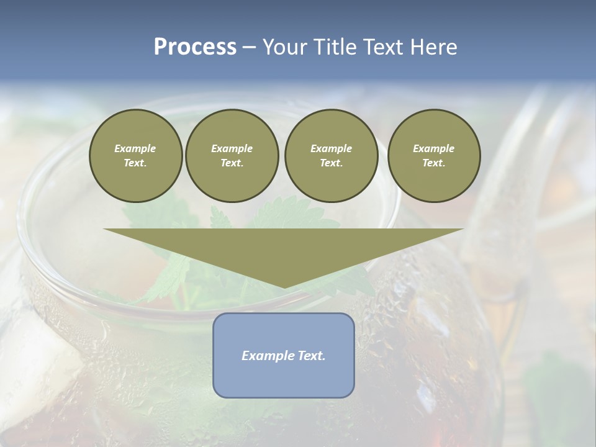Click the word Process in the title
tap(195, 47)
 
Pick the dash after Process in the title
tap(250, 48)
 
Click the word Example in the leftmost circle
tap(135, 148)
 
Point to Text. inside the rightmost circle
tap(433, 163)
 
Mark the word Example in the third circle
tap(331, 148)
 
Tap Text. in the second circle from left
tap(232, 163)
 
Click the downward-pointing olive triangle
tap(284, 251)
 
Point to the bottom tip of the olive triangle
tap(284, 287)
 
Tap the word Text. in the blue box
tap(310, 356)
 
